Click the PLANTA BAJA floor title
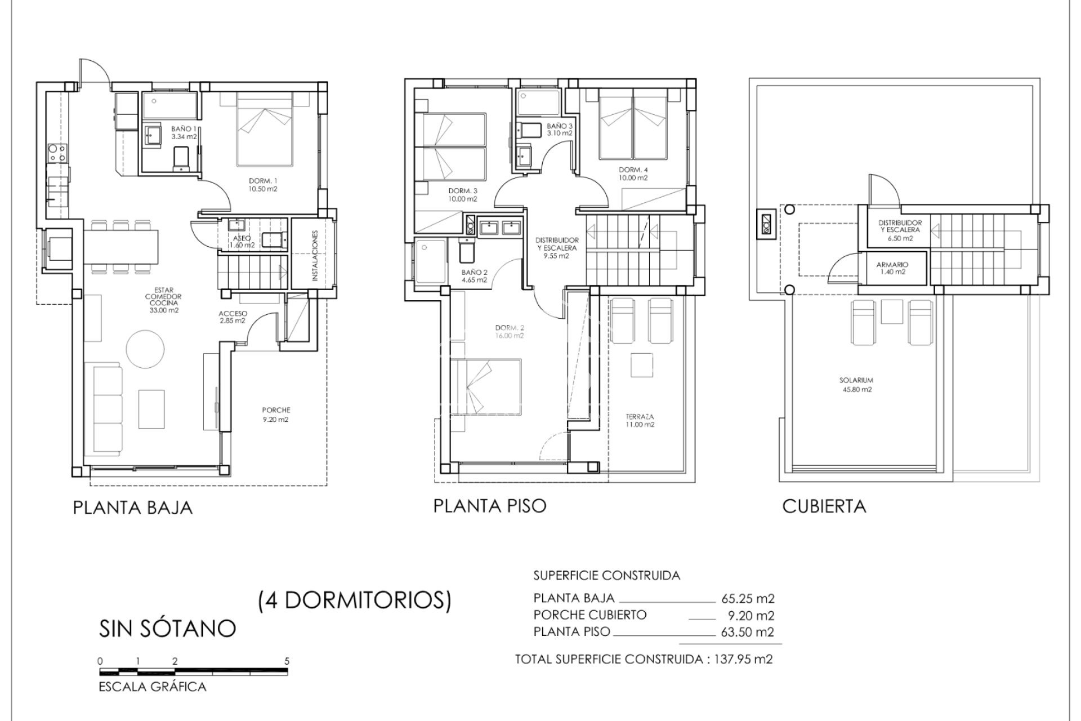click(133, 508)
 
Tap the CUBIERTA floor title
click(824, 506)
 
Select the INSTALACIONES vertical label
click(314, 256)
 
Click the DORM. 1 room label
click(263, 185)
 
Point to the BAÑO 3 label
click(560, 130)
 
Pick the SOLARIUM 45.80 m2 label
click(855, 385)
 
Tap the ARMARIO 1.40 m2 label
click(892, 268)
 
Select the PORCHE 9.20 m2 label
click(276, 415)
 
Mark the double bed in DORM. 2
click(486, 388)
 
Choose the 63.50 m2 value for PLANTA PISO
click(747, 632)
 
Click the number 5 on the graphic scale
click(287, 661)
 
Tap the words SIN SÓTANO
click(167, 628)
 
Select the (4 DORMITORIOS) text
click(355, 600)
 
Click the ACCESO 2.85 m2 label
click(233, 317)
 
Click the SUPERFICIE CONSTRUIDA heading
click(606, 576)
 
